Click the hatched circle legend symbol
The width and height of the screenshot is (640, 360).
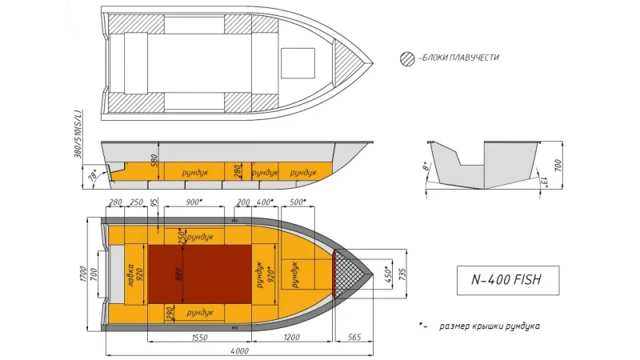[x=407, y=58]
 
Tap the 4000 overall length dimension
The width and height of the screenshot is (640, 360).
[x=238, y=350]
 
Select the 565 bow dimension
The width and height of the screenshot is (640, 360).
[x=353, y=338]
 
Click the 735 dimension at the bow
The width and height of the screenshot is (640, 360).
[x=402, y=274]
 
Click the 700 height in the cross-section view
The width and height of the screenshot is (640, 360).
[x=557, y=166]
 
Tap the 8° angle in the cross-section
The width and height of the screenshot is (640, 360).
[x=426, y=168]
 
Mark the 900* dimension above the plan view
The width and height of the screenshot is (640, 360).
[x=193, y=202]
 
